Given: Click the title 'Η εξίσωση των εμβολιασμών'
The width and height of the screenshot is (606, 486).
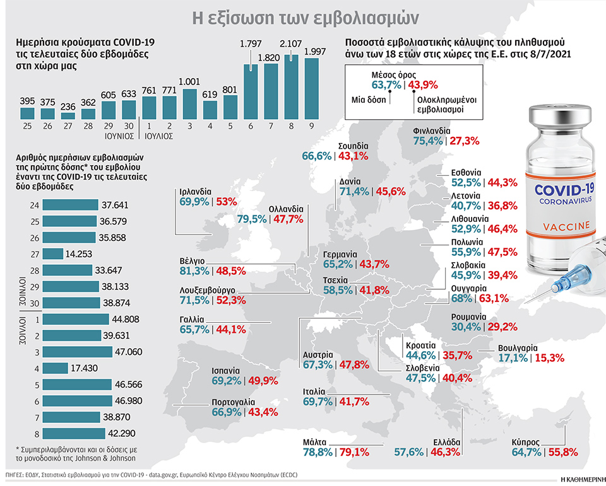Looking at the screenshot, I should (303, 14).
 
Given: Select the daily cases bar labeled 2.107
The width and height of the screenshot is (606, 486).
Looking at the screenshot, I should (291, 86).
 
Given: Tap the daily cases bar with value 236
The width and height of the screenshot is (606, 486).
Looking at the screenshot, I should (68, 115).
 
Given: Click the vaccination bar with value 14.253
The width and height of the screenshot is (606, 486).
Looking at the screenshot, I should (54, 253).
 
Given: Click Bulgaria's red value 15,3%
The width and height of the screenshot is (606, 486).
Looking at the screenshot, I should (549, 357).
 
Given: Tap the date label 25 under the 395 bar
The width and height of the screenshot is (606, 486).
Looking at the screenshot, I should (27, 125).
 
